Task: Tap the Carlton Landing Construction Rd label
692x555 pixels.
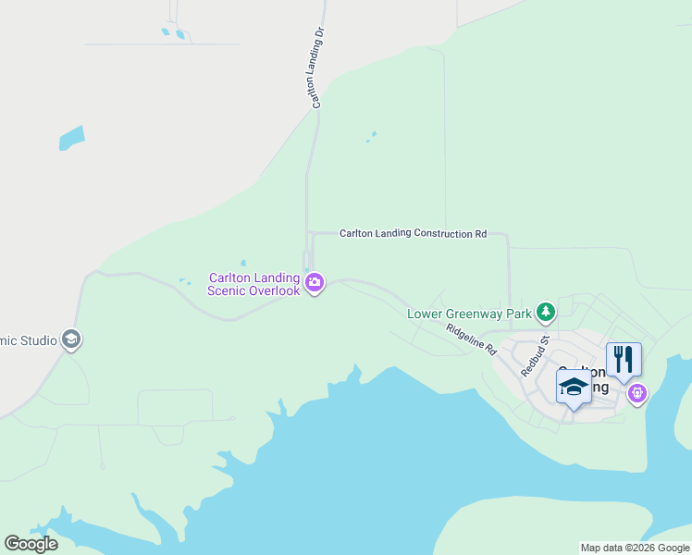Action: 413,234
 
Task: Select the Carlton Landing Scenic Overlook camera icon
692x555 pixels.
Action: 315,282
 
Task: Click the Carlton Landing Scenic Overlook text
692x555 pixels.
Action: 254,284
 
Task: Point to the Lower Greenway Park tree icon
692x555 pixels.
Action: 546,313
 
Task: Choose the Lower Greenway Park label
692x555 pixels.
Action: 470,314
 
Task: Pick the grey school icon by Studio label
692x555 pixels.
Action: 71,340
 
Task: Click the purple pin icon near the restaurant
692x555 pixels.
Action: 636,395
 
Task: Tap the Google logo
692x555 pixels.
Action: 31,544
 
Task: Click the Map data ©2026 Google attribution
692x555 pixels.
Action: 635,548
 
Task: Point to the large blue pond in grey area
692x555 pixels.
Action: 71,138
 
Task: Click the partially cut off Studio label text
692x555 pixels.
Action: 28,340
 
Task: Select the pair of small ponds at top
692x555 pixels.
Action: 173,34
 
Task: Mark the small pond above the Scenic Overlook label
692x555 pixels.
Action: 243,262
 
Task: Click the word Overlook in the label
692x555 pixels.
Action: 276,290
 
